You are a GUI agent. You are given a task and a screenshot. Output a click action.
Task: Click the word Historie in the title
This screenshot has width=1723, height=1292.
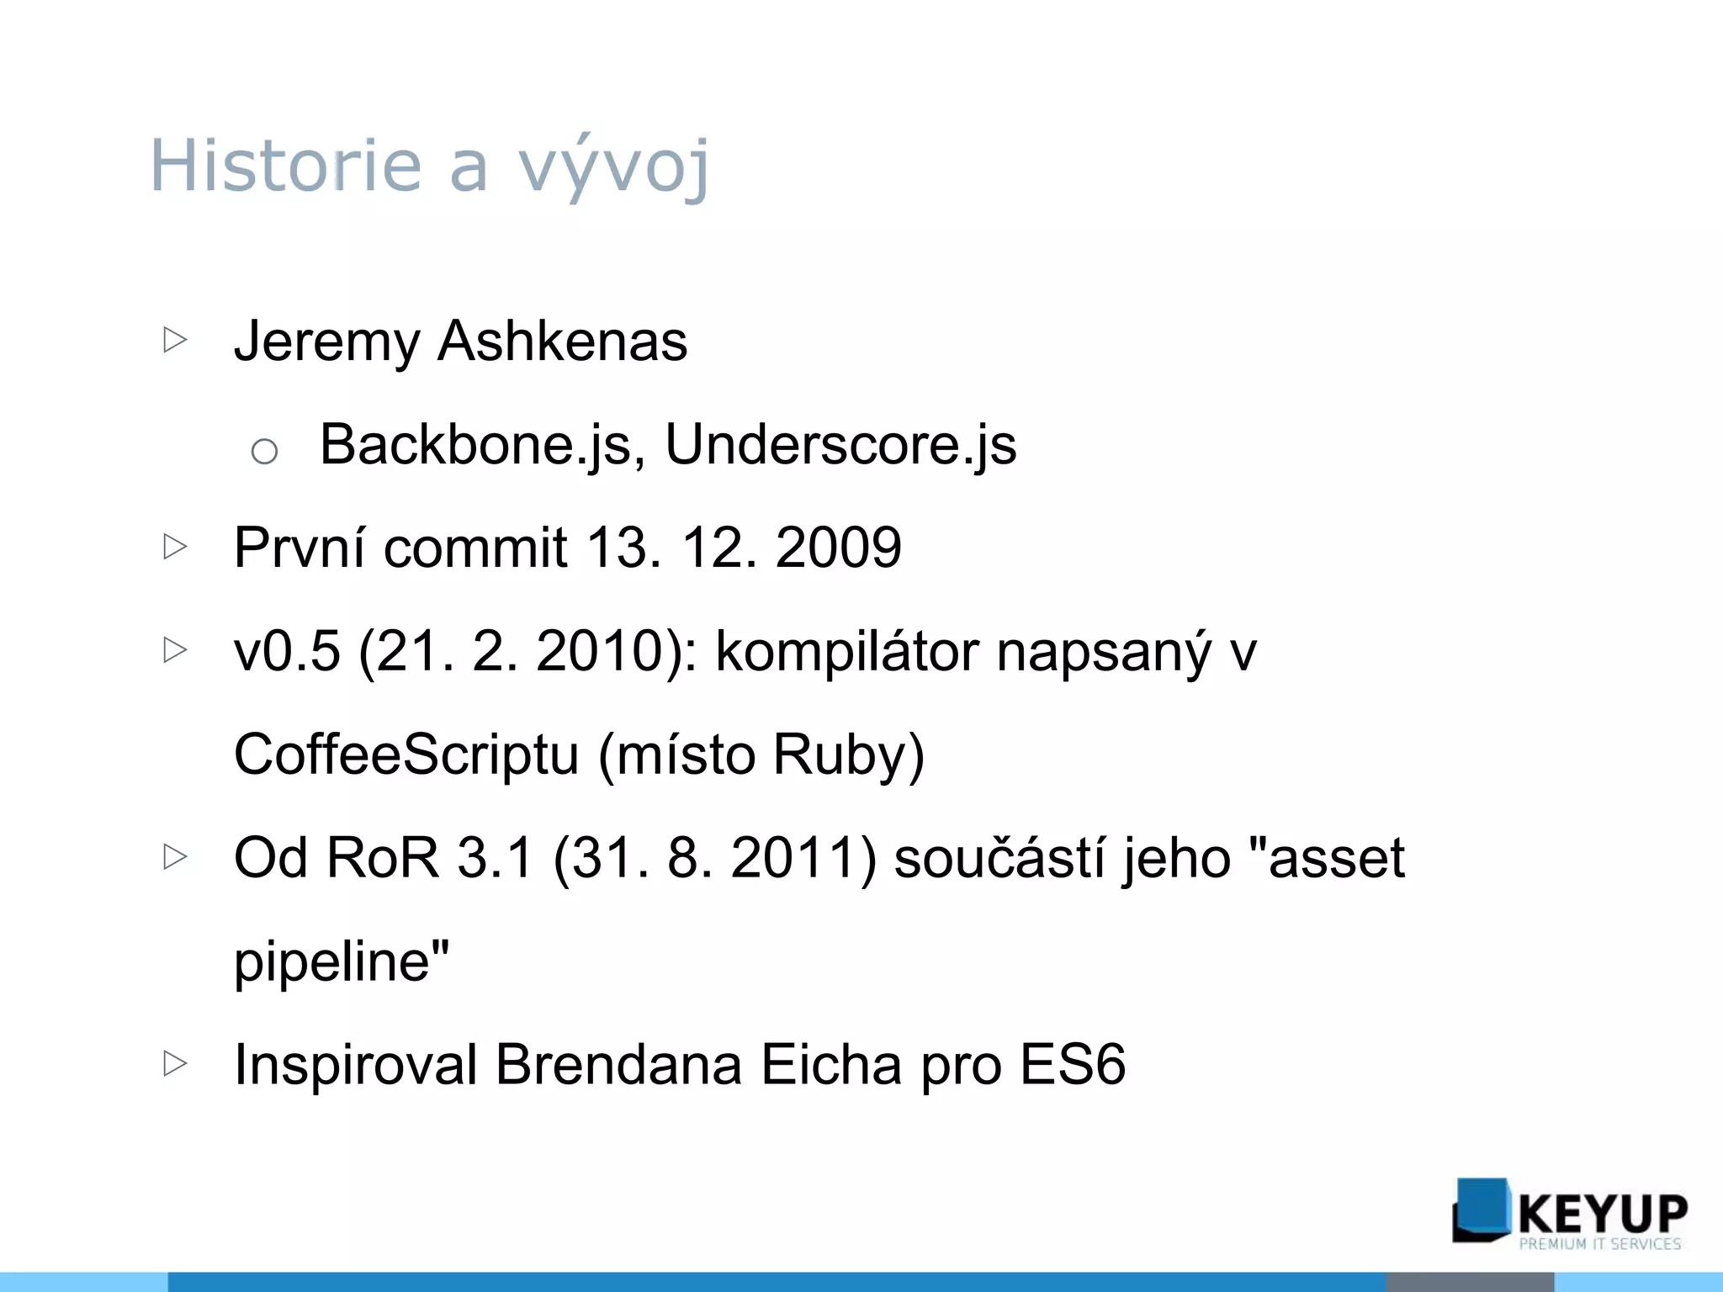click(x=284, y=165)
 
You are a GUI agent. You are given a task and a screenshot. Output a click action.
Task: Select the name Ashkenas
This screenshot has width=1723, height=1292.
click(x=562, y=342)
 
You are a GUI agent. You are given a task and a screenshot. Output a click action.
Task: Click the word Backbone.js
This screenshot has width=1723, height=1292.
click(x=482, y=444)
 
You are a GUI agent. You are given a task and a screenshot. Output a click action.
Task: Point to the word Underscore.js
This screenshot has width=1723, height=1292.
click(x=840, y=444)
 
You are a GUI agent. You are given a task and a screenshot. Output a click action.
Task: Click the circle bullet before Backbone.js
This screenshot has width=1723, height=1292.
click(x=264, y=452)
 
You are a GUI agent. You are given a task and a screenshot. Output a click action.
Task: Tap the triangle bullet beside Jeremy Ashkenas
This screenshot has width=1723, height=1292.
click(x=175, y=340)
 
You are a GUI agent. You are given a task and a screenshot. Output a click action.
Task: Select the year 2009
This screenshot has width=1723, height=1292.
click(x=838, y=548)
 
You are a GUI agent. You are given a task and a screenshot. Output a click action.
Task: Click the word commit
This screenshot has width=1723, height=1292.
click(x=475, y=548)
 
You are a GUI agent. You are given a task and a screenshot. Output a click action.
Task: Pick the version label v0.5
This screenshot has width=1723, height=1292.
click(x=287, y=651)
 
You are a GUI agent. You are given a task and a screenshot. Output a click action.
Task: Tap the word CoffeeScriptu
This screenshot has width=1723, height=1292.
click(x=406, y=755)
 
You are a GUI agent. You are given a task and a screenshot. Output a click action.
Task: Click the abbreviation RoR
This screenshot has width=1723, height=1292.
click(x=382, y=858)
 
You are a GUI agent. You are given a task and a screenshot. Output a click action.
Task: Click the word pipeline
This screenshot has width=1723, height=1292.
click(x=333, y=961)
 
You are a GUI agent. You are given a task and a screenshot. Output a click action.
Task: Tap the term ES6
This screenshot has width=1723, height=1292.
click(x=1072, y=1065)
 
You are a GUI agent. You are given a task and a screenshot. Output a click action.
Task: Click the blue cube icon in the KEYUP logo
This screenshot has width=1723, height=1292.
click(x=1481, y=1210)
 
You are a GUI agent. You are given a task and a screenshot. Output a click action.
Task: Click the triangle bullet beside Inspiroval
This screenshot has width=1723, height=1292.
click(x=175, y=1063)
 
